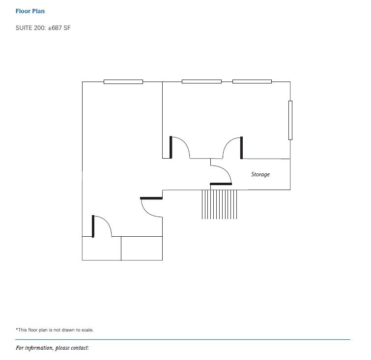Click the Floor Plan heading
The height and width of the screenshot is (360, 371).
(x=30, y=11)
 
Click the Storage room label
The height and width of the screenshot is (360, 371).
(x=260, y=174)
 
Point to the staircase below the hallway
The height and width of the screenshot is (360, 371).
(x=220, y=204)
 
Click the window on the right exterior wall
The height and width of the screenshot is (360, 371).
(x=290, y=120)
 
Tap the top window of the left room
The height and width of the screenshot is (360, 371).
(x=123, y=82)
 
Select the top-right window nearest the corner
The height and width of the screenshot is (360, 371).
(x=252, y=81)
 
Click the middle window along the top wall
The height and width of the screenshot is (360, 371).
(x=201, y=81)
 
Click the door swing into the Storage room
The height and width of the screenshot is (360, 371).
(x=222, y=174)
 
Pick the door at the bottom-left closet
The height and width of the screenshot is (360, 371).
(x=102, y=226)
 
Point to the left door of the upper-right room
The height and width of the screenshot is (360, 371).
(x=180, y=147)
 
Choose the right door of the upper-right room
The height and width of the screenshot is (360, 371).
(x=232, y=147)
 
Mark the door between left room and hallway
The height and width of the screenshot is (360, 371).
(x=151, y=207)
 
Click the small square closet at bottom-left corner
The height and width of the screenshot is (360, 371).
(x=101, y=248)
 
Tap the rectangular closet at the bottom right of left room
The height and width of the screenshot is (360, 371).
(x=142, y=248)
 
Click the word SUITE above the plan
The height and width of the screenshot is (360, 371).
(x=24, y=28)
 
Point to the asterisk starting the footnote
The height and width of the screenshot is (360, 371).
(x=17, y=329)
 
